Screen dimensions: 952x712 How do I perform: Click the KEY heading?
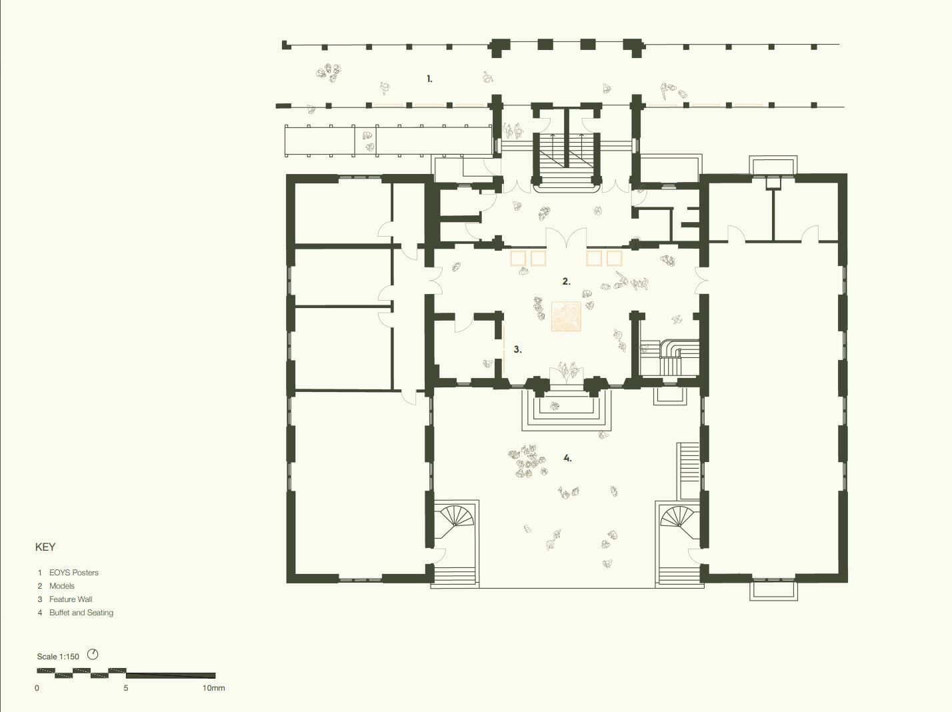tap(45, 547)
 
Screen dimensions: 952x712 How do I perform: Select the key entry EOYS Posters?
tap(74, 573)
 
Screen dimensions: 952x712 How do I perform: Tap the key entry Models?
tap(61, 586)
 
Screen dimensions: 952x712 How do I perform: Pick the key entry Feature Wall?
tap(71, 599)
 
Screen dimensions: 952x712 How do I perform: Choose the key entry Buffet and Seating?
tap(81, 613)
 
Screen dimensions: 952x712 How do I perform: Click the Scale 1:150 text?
tap(58, 657)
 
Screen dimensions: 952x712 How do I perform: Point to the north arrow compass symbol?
tap(93, 654)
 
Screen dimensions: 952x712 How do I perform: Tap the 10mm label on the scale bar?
tap(214, 688)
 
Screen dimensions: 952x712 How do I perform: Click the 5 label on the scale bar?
tap(126, 688)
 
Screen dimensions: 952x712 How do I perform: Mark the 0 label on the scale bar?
tap(37, 688)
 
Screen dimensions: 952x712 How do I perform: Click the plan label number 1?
tap(429, 79)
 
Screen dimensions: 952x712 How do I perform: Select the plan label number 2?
tap(567, 281)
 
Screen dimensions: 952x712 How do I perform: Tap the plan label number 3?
tap(517, 349)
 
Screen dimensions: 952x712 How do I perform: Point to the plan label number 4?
tap(567, 458)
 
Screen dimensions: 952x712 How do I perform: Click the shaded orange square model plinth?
tap(566, 317)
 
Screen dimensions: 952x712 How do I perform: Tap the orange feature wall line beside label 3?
tap(504, 349)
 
